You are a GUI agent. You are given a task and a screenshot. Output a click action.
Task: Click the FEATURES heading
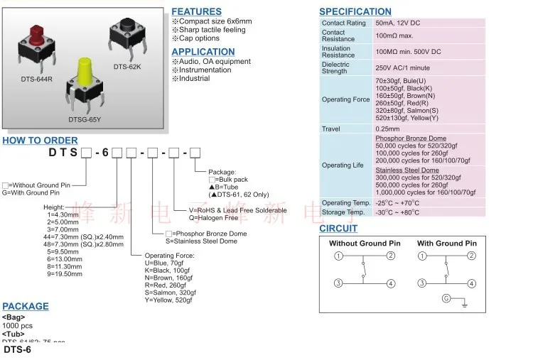[196, 11]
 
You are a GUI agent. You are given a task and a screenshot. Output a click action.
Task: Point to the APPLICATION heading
[203, 51]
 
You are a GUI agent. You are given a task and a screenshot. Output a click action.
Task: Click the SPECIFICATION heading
[355, 11]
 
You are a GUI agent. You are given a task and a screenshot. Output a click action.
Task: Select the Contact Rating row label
[343, 23]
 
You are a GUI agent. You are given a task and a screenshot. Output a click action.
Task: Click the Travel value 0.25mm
[389, 129]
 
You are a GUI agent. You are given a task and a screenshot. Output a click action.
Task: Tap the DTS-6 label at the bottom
[18, 349]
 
